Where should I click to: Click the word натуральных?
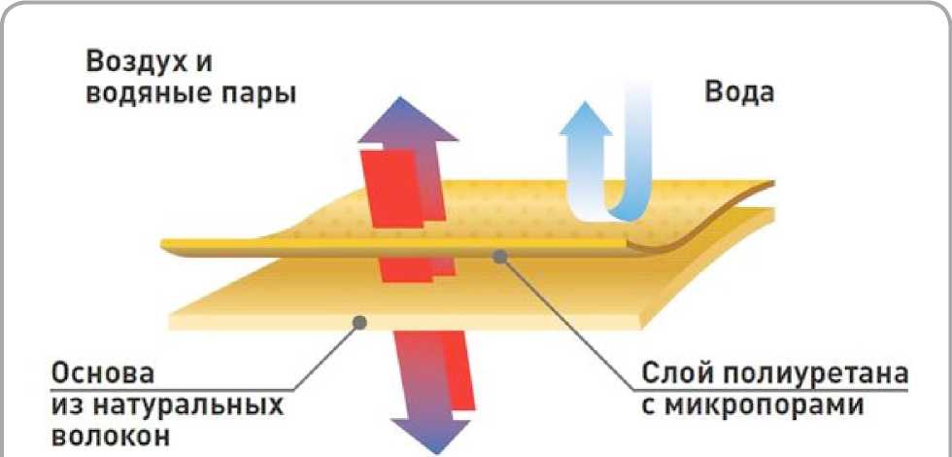click(x=181, y=404)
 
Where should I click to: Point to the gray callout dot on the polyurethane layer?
click(x=501, y=256)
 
